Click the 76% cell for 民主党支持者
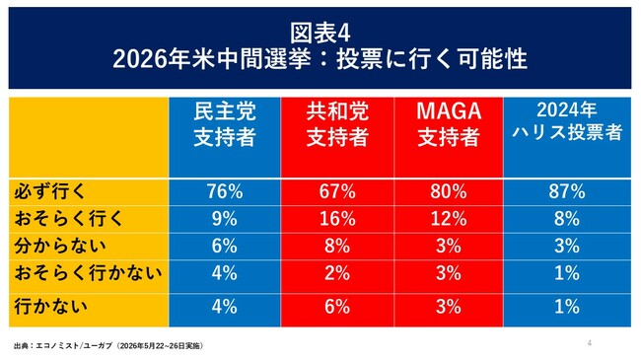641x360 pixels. coord(225,191)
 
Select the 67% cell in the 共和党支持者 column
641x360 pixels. coord(337,191)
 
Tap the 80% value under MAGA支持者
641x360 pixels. coord(449,191)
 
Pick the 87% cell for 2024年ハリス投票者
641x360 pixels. coord(567,191)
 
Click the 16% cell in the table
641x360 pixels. coord(337,219)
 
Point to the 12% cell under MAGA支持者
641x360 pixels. coord(449,219)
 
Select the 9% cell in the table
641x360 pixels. coord(225,219)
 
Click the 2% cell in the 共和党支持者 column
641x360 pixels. coord(337,273)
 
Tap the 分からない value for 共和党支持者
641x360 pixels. coord(337,246)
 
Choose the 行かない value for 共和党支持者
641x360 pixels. coord(337,307)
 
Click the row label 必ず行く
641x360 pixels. coord(49,191)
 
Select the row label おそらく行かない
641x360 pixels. coord(89,273)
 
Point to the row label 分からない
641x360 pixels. coord(60,246)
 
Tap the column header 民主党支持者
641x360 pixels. coord(225,124)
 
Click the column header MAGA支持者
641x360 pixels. coord(449,124)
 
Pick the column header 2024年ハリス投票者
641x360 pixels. coord(567,121)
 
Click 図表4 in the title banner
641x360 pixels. coord(320,33)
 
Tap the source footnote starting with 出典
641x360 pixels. coord(108,345)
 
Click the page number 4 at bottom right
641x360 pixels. coord(590,343)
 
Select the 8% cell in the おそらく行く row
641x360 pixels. coord(567,219)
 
